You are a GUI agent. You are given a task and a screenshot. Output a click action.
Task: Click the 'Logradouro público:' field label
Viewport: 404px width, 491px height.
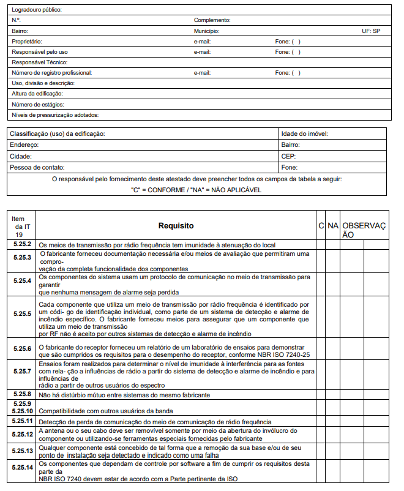point(37,10)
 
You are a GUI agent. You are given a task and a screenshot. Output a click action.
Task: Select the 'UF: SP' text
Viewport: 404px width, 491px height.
point(371,31)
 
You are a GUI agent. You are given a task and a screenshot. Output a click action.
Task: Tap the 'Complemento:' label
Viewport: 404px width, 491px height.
point(212,20)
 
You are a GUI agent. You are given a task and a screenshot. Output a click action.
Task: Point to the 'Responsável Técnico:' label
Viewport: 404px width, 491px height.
point(39,62)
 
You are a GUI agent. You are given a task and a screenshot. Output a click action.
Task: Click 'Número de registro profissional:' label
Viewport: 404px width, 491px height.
point(51,73)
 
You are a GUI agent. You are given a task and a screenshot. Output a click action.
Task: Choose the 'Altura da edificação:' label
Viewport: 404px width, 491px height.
point(37,94)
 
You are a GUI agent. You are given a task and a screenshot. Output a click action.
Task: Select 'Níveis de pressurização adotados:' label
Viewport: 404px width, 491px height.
point(55,114)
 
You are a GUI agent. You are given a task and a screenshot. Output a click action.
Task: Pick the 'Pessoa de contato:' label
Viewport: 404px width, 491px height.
point(37,167)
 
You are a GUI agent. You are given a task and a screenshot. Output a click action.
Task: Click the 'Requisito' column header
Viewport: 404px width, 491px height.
point(176,226)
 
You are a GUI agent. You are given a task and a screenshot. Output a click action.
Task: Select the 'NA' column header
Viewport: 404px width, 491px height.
point(333,226)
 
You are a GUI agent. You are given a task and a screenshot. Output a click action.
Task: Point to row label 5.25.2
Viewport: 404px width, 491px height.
point(22,244)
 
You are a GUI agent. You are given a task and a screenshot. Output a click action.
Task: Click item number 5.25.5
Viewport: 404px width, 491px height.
point(22,313)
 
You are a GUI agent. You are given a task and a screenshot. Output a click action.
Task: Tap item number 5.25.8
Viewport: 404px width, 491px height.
point(22,394)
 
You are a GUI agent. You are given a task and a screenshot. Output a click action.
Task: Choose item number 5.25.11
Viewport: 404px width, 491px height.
point(22,422)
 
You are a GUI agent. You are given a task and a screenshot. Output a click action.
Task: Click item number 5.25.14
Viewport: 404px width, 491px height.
point(22,468)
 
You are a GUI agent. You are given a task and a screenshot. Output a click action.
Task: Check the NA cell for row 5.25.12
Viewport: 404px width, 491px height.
point(333,434)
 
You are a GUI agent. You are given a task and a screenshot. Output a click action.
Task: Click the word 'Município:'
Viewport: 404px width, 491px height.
point(206,31)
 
